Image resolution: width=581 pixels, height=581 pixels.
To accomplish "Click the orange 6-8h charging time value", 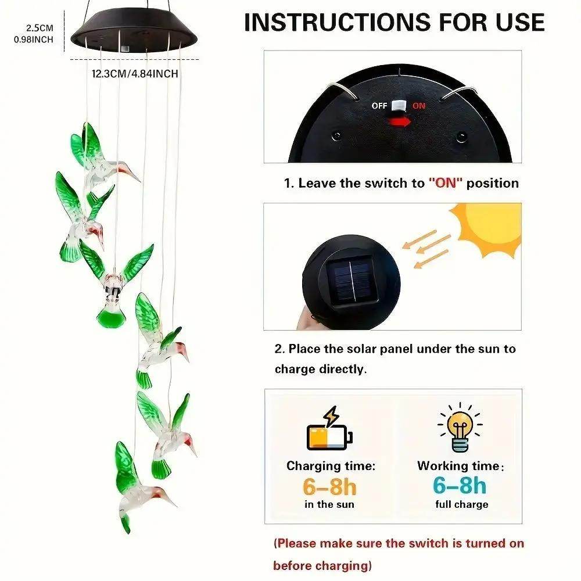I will click(x=329, y=486).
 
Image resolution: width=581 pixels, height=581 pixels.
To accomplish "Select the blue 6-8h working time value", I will click(x=460, y=486).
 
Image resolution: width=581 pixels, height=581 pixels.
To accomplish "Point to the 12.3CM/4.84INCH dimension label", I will click(x=135, y=74).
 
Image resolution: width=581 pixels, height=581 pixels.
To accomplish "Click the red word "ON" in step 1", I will click(x=446, y=183).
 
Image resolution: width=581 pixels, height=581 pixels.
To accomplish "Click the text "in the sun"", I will click(x=329, y=504).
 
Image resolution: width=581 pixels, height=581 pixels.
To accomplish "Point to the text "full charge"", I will click(x=462, y=504).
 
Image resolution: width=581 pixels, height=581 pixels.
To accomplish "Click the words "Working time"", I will click(x=458, y=466).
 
